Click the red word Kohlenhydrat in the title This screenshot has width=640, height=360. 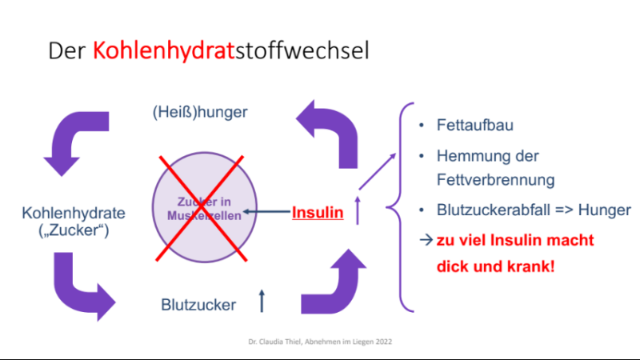coord(163,51)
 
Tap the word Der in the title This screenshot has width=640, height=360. coord(67,51)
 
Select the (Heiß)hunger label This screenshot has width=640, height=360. coord(200,112)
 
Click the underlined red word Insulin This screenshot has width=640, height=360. coord(318,213)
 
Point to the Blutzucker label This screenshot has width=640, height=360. coord(198,305)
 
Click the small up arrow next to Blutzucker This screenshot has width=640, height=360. coord(262,301)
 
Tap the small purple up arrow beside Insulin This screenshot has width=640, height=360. coord(358,210)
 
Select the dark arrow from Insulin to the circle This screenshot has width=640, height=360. coord(266,211)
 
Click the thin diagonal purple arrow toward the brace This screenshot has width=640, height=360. coord(378,171)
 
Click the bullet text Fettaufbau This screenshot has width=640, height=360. coord(474,126)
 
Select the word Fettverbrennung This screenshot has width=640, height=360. coord(495,180)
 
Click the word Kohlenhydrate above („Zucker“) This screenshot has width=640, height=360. coord(74,213)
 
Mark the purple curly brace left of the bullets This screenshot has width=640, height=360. coord(400,207)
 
